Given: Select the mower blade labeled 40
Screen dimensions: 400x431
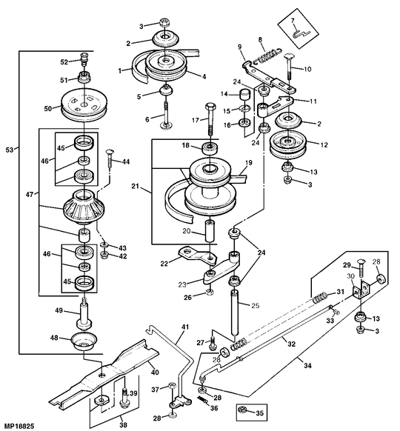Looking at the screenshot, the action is (104, 375).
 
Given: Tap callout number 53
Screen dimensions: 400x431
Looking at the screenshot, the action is (10, 150).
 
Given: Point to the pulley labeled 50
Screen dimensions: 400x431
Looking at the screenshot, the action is (84, 105).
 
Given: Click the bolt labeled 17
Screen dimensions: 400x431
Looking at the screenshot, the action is (210, 118).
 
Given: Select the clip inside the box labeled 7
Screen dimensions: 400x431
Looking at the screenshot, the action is (300, 35).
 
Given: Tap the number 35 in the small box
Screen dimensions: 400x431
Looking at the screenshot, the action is (260, 413).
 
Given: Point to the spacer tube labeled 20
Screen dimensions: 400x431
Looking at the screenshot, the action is (210, 231).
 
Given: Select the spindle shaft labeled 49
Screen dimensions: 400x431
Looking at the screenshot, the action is (84, 315).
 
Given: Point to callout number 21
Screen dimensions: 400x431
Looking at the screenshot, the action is (135, 186).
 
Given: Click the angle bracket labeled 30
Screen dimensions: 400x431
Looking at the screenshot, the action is (361, 291).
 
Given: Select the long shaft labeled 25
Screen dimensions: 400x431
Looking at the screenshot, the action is (235, 312).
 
